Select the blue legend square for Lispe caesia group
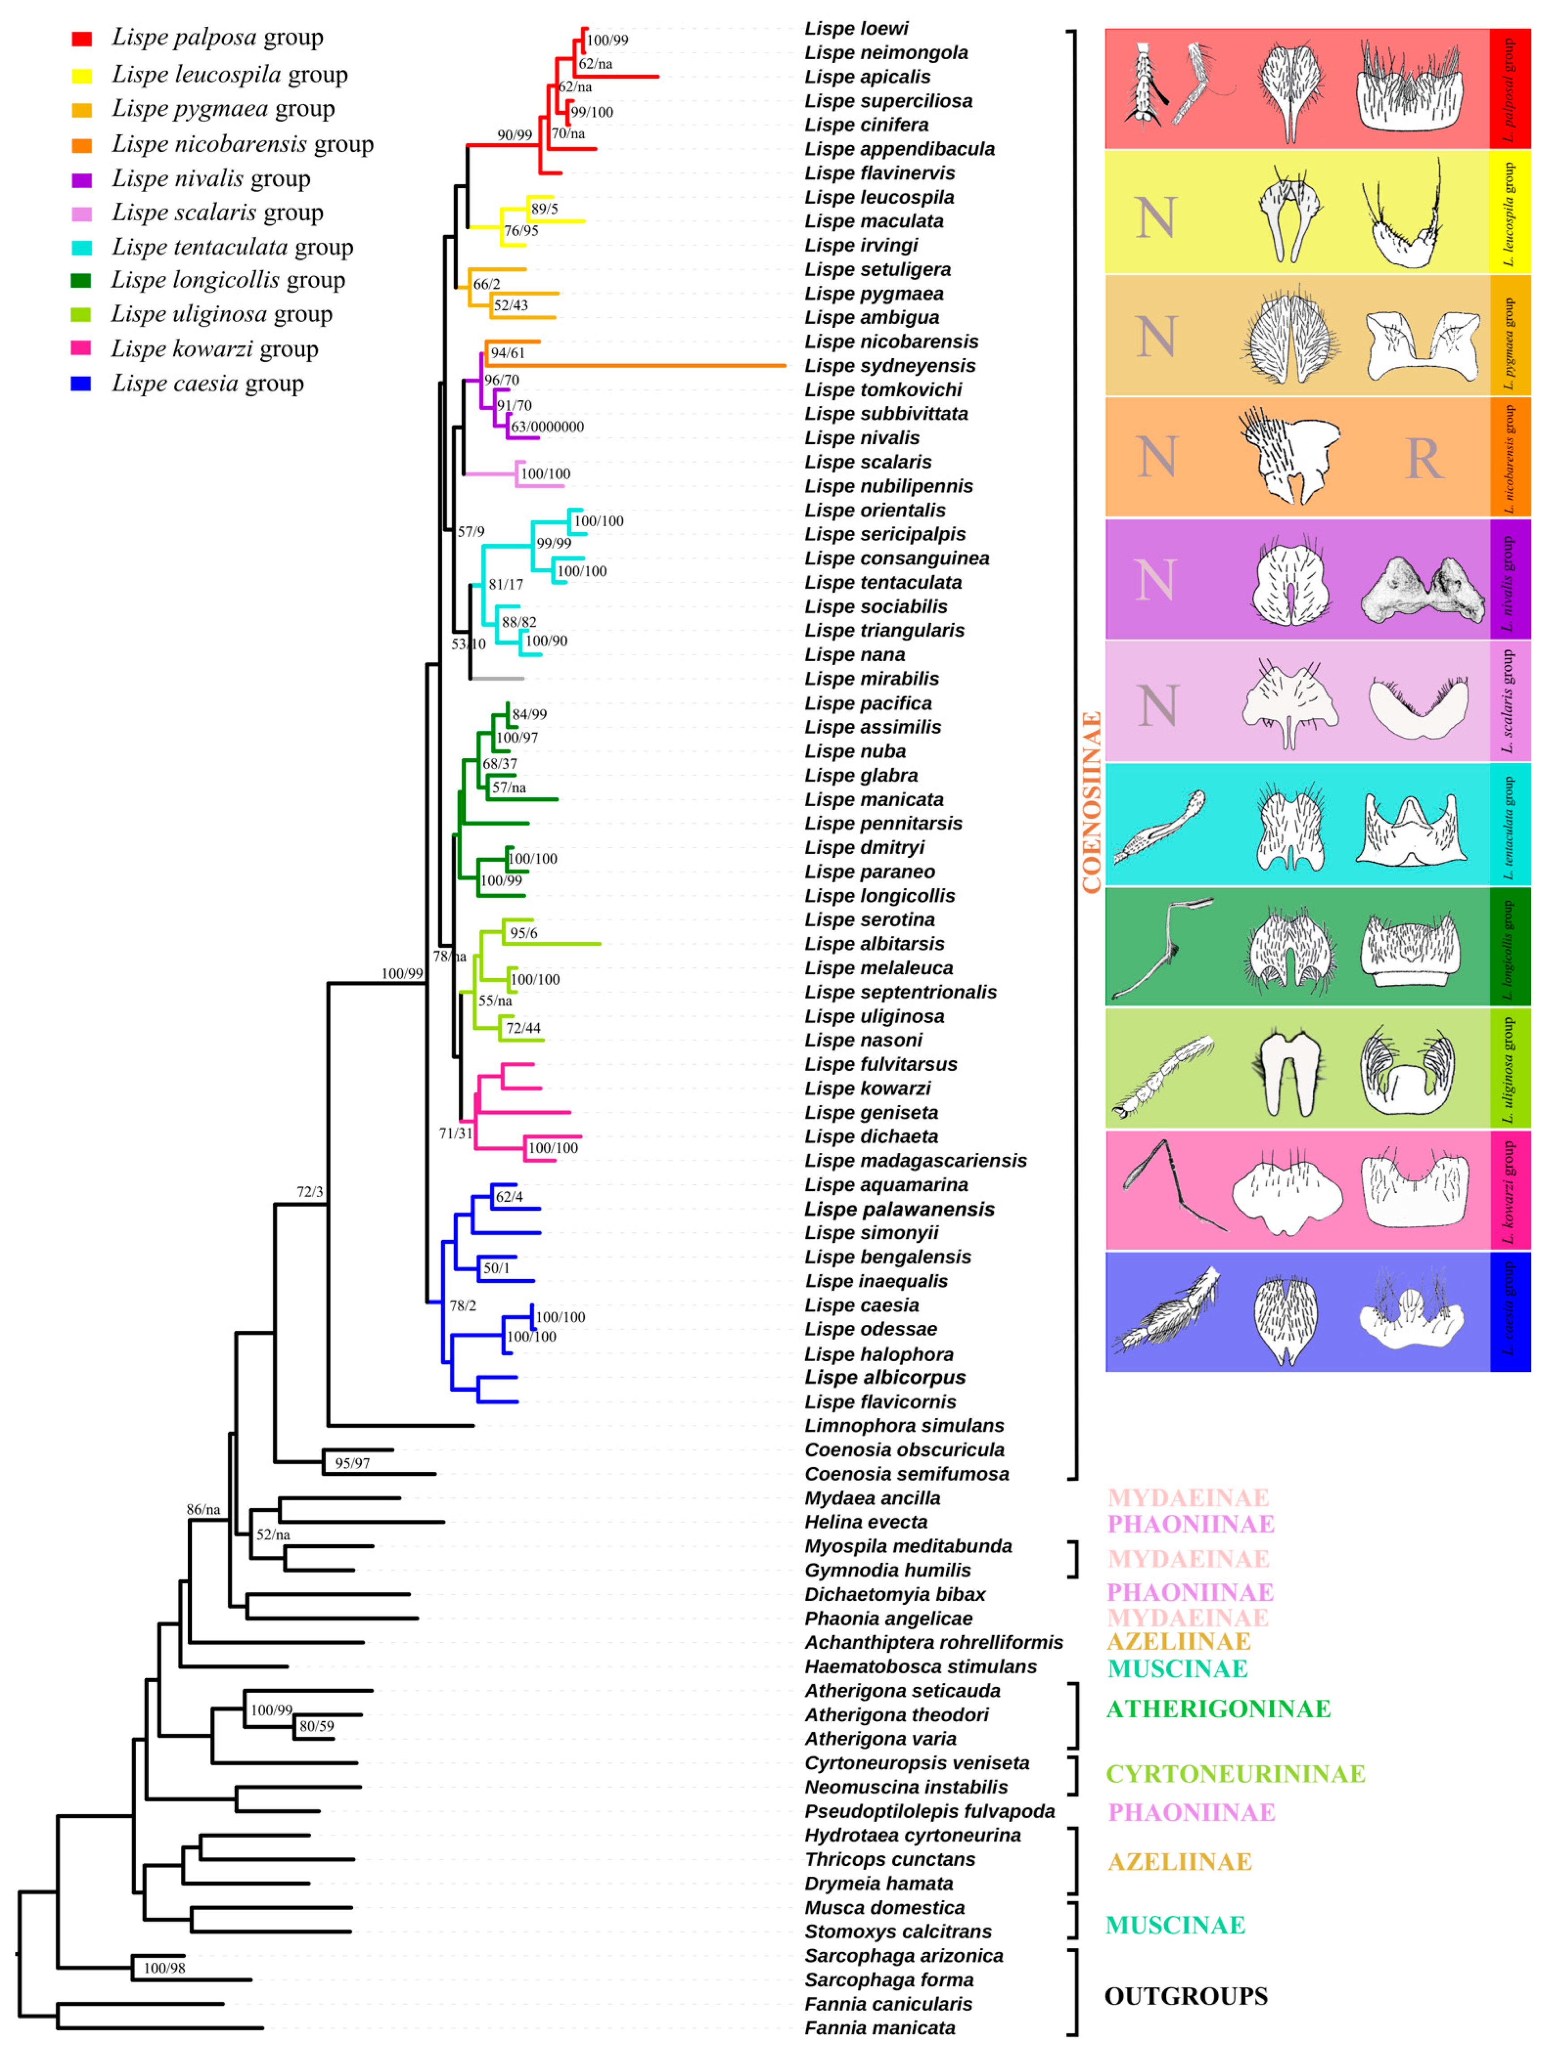click(81, 383)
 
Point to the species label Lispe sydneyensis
click(890, 365)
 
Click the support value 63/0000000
click(547, 427)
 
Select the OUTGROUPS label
click(1186, 1996)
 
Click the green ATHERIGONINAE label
click(1217, 1709)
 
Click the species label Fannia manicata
click(880, 2028)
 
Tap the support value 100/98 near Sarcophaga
click(164, 1968)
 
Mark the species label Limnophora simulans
click(904, 1425)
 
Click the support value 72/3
click(309, 1192)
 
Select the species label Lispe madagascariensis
click(915, 1160)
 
